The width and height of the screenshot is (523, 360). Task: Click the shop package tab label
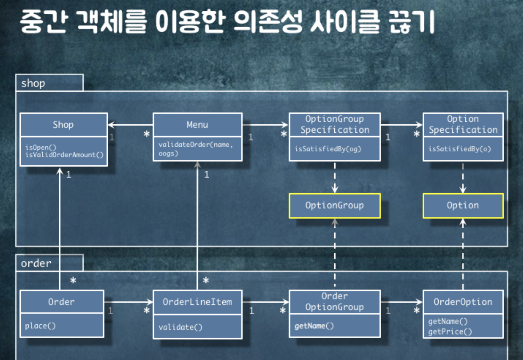(33, 83)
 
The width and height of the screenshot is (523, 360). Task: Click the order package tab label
(36, 263)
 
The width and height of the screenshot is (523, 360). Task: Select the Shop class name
(63, 125)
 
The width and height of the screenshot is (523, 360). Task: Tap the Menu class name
(197, 125)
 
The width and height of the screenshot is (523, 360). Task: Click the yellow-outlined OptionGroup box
(334, 206)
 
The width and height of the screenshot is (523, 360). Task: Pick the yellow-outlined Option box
(463, 206)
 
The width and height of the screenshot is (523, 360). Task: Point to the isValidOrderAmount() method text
(64, 155)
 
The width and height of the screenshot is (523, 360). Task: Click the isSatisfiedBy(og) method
(328, 149)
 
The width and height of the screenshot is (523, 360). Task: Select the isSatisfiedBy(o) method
(460, 149)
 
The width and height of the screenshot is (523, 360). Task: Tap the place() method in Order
(40, 326)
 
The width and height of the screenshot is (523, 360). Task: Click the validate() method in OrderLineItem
(180, 327)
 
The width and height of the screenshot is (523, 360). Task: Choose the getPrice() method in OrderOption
(450, 331)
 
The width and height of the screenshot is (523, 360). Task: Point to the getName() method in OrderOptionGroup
(314, 326)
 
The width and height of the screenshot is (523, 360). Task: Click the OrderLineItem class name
(197, 302)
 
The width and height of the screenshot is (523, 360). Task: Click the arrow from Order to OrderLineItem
(128, 302)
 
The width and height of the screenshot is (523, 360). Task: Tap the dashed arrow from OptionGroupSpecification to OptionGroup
(335, 177)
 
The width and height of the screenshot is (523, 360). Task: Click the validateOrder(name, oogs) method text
(195, 149)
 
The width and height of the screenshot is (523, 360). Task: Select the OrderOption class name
(463, 302)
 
